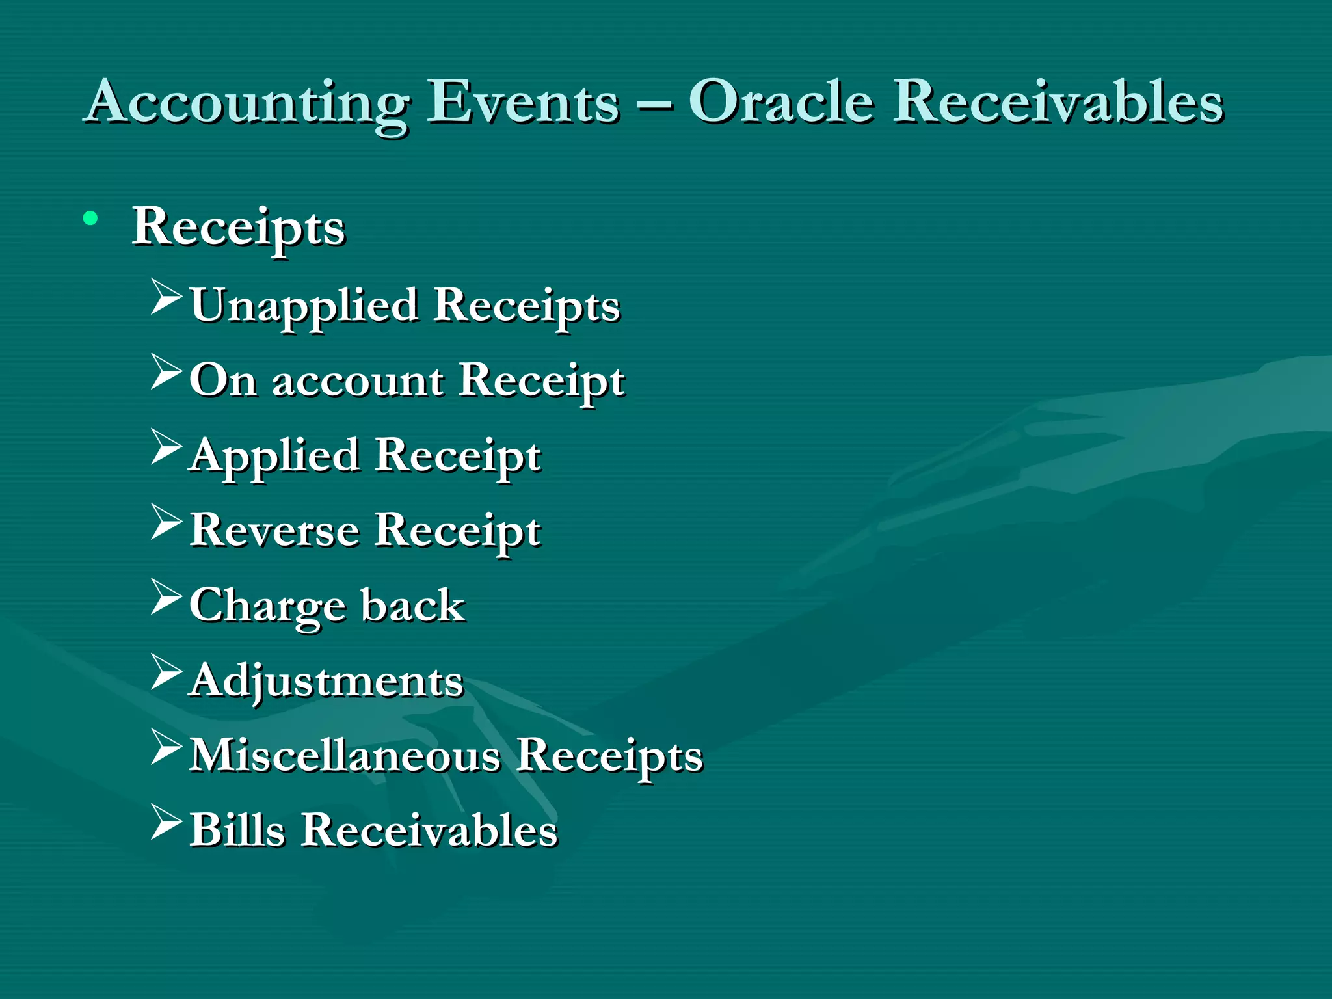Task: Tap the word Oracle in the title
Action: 780,103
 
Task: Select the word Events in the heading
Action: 523,103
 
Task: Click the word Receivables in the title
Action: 1058,103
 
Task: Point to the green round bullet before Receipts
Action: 90,219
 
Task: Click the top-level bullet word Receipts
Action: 238,228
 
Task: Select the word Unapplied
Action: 304,306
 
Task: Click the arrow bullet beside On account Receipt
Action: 166,371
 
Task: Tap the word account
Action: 358,381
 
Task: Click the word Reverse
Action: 274,530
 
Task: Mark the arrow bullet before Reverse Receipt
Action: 166,522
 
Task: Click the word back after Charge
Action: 413,605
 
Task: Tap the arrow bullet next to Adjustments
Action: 166,672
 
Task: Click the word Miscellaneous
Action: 345,756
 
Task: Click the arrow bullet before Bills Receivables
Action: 166,822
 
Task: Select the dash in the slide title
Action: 654,104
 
